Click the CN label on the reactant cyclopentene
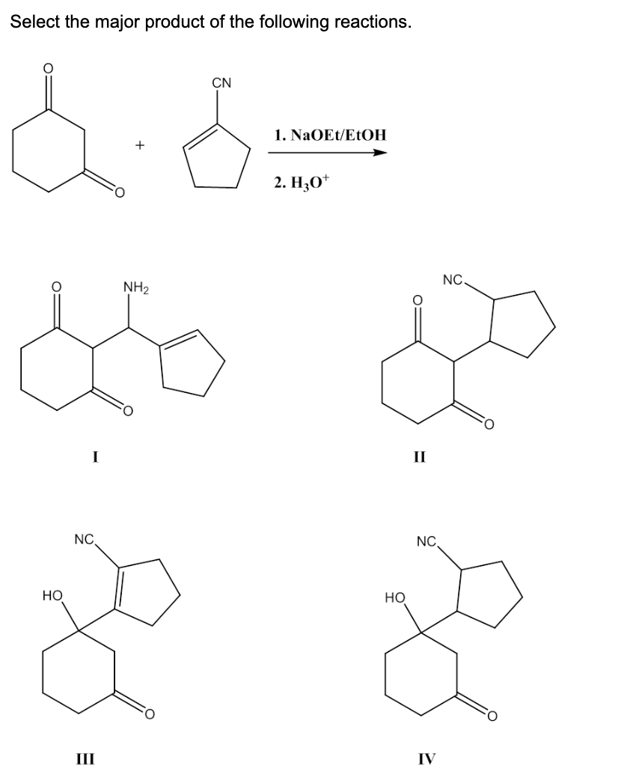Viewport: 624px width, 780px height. point(221,82)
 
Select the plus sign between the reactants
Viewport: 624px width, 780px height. point(140,145)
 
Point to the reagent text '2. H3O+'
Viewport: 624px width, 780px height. point(301,182)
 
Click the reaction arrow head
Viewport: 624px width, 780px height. point(380,153)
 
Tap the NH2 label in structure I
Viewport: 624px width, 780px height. point(135,287)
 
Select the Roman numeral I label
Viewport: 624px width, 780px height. point(95,456)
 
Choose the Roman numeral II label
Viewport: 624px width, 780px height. point(420,456)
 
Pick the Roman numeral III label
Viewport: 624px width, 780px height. point(85,759)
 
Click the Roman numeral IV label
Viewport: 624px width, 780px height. point(426,759)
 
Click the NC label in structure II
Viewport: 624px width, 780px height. point(453,279)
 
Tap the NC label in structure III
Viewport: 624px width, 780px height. point(84,539)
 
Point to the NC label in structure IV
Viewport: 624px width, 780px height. point(426,541)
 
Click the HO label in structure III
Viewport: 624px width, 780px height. point(52,595)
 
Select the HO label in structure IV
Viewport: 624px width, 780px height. point(395,597)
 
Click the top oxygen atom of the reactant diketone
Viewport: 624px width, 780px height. point(48,69)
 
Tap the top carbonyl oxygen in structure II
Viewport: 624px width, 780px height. point(417,299)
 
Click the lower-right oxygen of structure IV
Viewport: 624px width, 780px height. point(492,716)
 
